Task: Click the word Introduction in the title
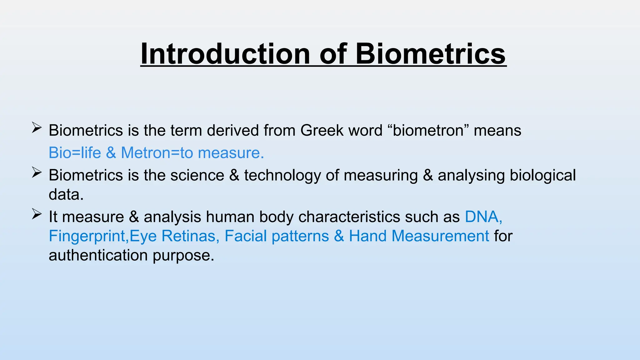(225, 54)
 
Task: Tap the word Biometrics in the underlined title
(430, 54)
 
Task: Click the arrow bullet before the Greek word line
(37, 128)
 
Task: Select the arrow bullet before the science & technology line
(37, 172)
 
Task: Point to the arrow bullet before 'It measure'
(37, 214)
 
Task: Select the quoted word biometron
(428, 130)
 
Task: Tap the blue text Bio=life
(75, 153)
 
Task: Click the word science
(197, 175)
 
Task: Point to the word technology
(282, 176)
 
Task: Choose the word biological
(542, 176)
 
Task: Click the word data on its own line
(66, 195)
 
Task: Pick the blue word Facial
(245, 236)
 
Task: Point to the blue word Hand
(367, 236)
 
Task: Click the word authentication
(98, 256)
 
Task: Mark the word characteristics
(349, 217)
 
